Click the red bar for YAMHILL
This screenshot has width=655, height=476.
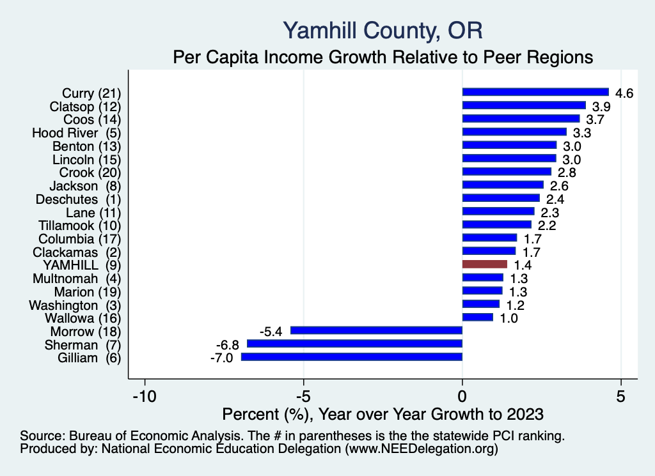click(484, 265)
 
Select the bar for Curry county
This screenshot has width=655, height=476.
click(535, 92)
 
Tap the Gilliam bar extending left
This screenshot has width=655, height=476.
click(351, 357)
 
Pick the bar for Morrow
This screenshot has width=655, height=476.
click(376, 330)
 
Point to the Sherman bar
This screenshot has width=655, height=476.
click(354, 344)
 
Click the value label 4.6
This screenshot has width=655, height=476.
click(624, 93)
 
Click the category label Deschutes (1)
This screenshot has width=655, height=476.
click(85, 199)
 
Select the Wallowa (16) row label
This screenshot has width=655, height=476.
click(83, 318)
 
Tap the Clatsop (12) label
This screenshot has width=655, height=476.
click(85, 106)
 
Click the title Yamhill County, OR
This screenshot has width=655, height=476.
click(382, 30)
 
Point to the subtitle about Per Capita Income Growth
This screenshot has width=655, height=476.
click(382, 58)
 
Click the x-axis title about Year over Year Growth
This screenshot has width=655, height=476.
click(382, 413)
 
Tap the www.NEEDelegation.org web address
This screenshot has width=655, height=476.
click(421, 450)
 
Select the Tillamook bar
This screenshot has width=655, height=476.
click(496, 225)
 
